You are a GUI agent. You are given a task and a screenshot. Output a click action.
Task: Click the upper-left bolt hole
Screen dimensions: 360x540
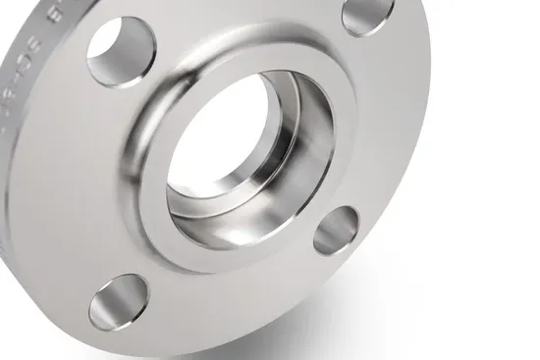pyautogui.click(x=120, y=51)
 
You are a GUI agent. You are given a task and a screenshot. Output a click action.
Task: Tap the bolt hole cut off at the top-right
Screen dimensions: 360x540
pyautogui.click(x=368, y=13)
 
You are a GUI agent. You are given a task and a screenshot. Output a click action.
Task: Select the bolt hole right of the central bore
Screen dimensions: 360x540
pyautogui.click(x=336, y=230)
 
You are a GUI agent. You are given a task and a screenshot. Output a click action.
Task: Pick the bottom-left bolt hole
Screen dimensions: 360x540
pyautogui.click(x=118, y=301)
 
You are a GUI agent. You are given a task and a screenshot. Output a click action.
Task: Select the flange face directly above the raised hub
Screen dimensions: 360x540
pyautogui.click(x=245, y=25)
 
